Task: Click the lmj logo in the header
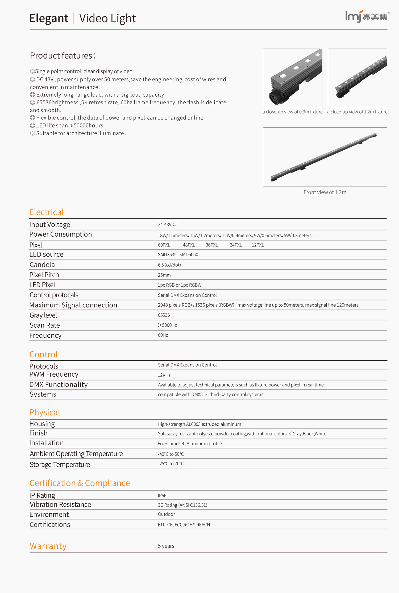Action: tap(367, 17)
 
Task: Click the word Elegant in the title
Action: tap(49, 19)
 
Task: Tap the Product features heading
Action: tap(63, 56)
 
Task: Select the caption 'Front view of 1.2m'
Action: tap(325, 192)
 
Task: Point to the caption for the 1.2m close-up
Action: tap(357, 112)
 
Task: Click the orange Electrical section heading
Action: tap(47, 212)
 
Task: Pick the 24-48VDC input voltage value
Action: tap(168, 225)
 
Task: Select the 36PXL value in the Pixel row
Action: tap(212, 245)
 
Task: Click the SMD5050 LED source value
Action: tap(189, 255)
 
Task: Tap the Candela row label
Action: tap(42, 265)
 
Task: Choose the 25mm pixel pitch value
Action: tap(164, 275)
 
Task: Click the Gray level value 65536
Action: tap(164, 315)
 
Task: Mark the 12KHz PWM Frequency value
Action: tap(164, 375)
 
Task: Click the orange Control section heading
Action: tap(43, 355)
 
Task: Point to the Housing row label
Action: tap(42, 424)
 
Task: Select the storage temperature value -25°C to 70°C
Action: tap(171, 464)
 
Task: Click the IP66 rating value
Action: tap(162, 496)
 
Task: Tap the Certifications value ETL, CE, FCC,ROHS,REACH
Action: tap(184, 525)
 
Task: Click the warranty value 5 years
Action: tap(166, 546)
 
